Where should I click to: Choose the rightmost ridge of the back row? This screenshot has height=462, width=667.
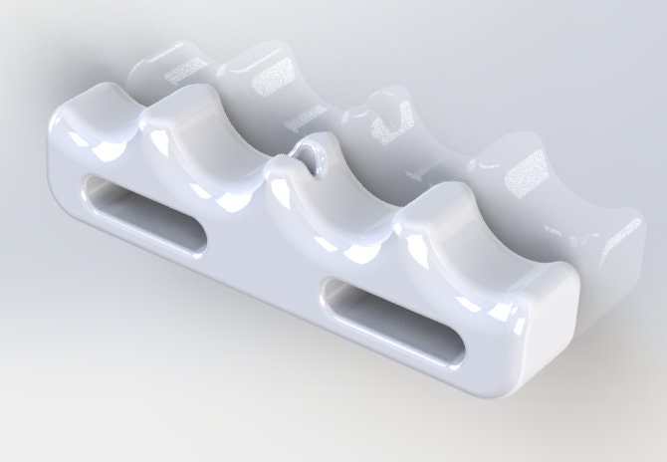528,169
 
